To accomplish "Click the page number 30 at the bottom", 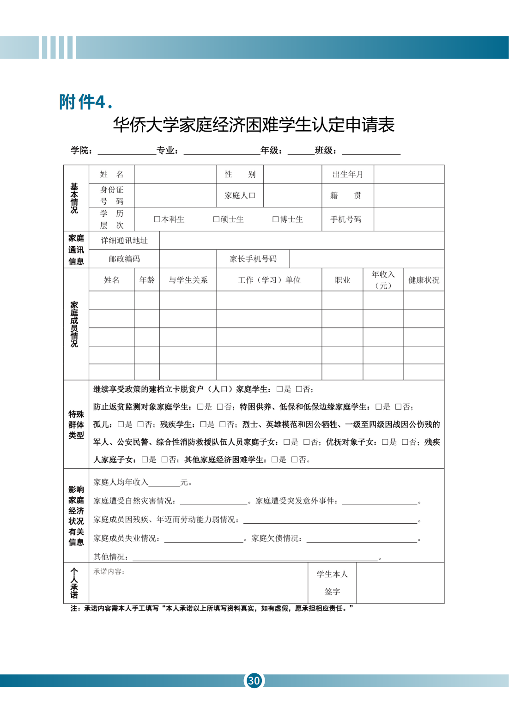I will coord(254,680).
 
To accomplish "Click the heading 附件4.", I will coord(86,102).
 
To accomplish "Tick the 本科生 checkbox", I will coord(157,219).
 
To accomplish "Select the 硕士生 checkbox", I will coord(216,219).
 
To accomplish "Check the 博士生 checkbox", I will coord(275,219).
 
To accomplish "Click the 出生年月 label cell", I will coord(348,174).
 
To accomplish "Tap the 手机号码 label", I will coord(345,219).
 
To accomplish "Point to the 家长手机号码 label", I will coord(253,259).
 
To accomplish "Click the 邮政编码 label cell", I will coord(124,259).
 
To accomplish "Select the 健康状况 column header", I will coord(424,280).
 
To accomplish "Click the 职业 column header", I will coord(342,280).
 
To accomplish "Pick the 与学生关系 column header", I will coord(188,280).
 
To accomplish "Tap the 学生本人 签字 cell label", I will coord(332,583).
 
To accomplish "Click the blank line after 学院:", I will coord(127,151).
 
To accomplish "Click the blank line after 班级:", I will coord(371,151).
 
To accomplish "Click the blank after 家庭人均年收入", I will coord(164,483).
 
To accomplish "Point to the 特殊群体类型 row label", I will coord(76,424).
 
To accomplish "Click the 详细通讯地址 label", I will coord(124,241).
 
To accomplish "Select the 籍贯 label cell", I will coord(345,195).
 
